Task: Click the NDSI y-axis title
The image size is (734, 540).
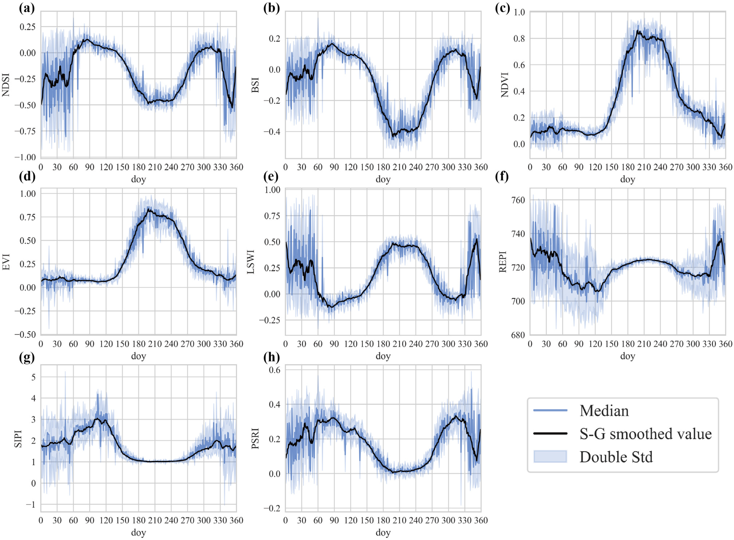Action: [6, 85]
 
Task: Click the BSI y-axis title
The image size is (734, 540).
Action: [256, 85]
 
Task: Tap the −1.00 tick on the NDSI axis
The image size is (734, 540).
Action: [25, 157]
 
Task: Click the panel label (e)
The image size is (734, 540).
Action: [271, 177]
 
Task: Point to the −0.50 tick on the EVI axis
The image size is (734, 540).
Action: [25, 334]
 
